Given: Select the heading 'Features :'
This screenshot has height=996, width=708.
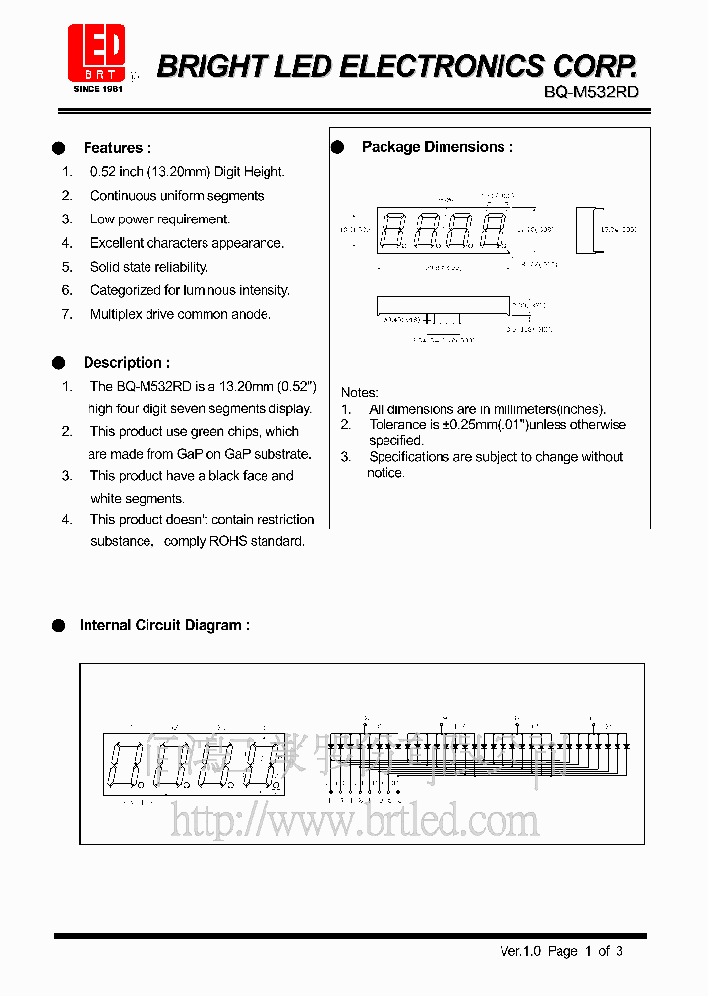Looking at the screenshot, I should [x=117, y=148].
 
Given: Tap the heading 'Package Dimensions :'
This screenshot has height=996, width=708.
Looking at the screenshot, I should [x=437, y=147].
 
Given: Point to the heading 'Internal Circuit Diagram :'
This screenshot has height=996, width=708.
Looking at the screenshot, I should [x=164, y=625].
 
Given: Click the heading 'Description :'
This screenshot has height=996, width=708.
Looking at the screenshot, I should [x=126, y=362].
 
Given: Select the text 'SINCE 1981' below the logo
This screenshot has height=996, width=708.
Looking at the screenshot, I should [x=96, y=89].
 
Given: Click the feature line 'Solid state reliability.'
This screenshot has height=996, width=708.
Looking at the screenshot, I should [x=148, y=267].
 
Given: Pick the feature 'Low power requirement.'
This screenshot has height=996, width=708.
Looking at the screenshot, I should [x=159, y=219].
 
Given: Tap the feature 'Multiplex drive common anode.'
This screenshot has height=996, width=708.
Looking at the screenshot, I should [x=180, y=314].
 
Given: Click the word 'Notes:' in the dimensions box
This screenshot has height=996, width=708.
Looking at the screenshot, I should [x=359, y=392].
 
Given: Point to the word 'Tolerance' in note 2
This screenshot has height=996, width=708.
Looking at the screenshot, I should [x=397, y=425].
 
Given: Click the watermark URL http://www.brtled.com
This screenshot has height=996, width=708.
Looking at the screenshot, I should [x=354, y=820].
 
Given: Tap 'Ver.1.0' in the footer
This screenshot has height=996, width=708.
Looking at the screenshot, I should [x=521, y=951].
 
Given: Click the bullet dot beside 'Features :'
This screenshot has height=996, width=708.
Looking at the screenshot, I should [x=59, y=148].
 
